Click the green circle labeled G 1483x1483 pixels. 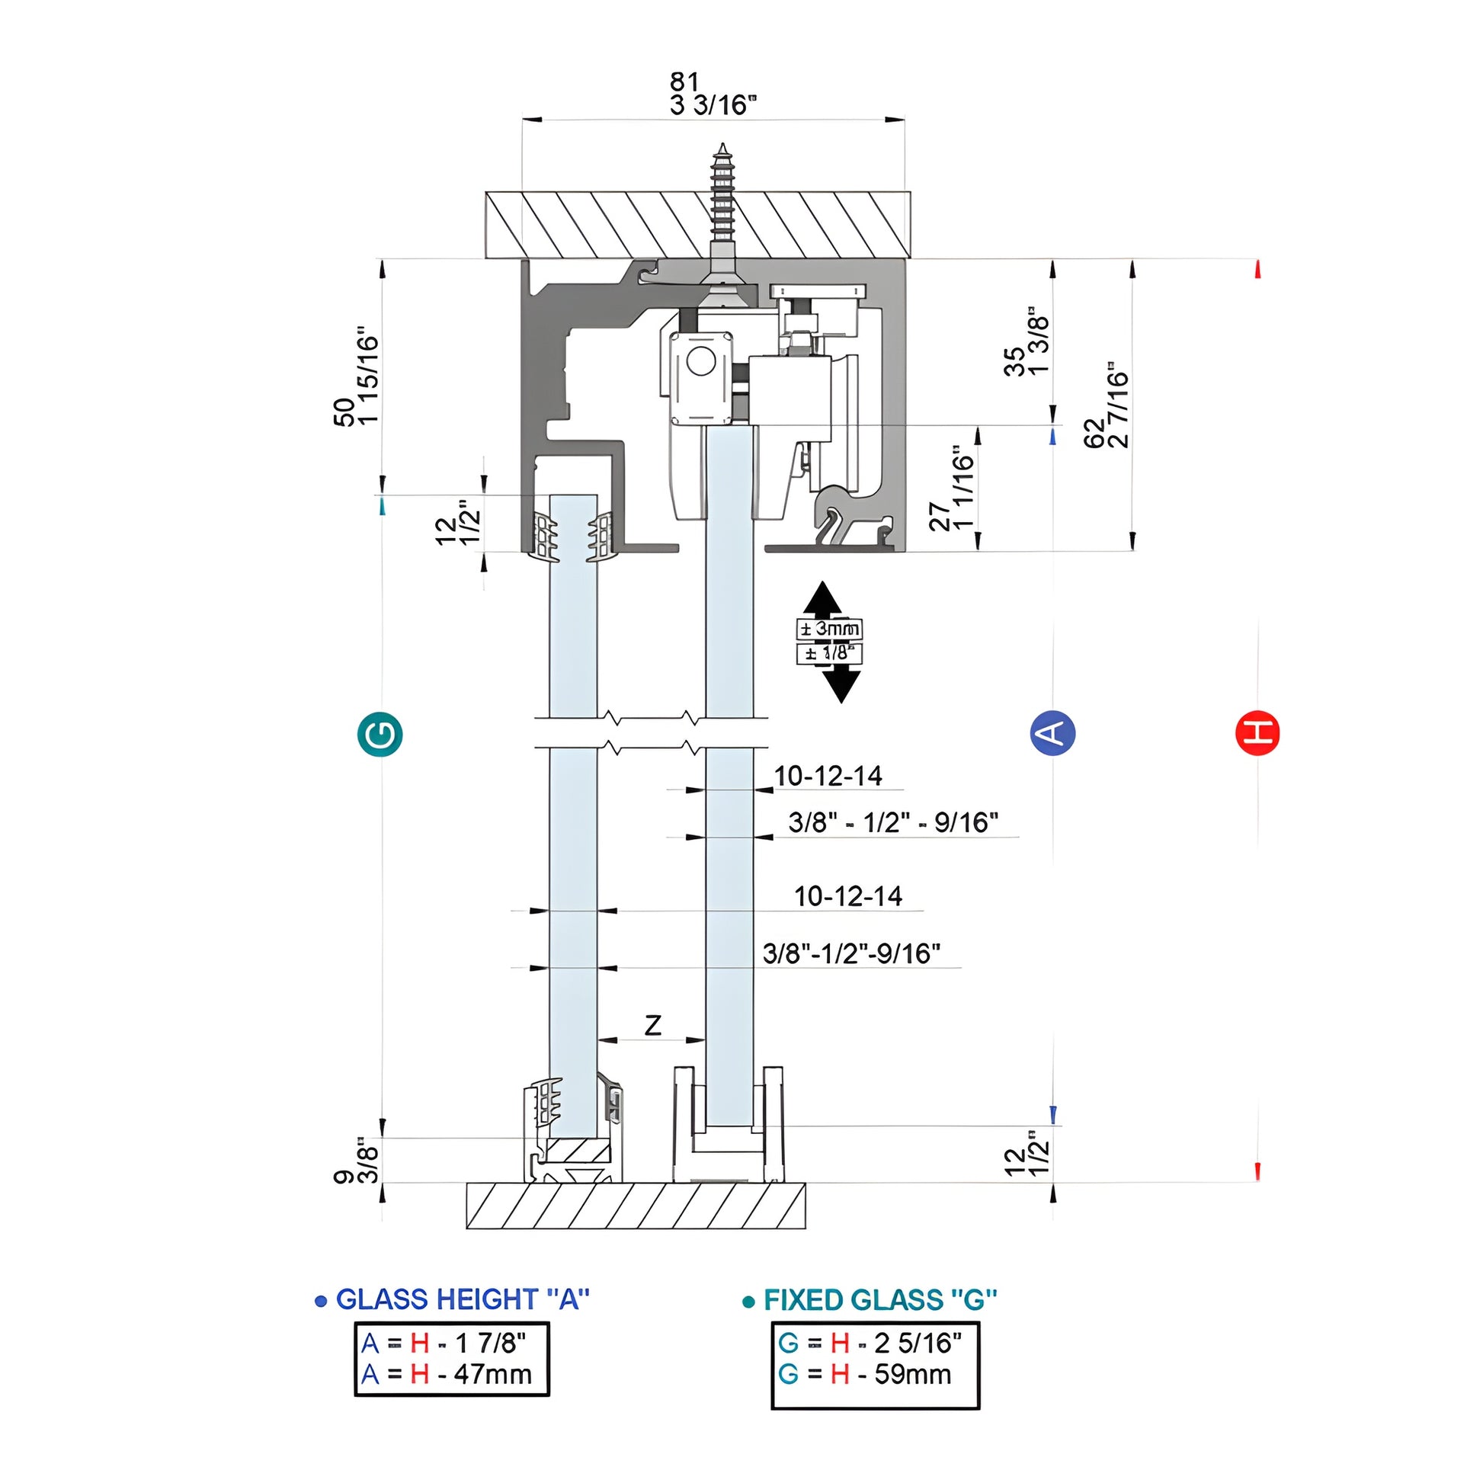tap(380, 735)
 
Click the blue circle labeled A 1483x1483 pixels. tap(1052, 733)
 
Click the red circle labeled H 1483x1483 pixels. tap(1257, 733)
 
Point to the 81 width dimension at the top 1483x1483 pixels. tap(684, 82)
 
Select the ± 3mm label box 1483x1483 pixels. tap(829, 629)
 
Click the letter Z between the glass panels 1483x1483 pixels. tap(652, 1025)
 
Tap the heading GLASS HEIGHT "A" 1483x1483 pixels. tap(462, 1299)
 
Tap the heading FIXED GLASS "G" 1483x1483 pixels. tap(879, 1299)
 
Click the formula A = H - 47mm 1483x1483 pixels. tap(447, 1374)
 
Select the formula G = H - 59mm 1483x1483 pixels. tap(864, 1374)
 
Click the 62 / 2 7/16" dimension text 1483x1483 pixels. tap(1107, 405)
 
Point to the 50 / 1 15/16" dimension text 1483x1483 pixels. tap(357, 380)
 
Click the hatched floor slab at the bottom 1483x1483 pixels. tap(636, 1205)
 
